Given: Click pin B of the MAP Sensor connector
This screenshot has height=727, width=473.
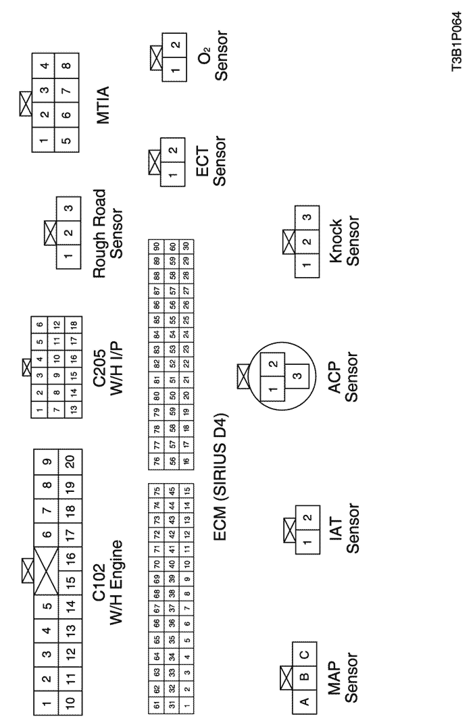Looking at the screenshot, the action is click(x=304, y=678).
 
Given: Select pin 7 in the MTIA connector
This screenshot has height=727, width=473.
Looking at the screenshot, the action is click(x=68, y=90).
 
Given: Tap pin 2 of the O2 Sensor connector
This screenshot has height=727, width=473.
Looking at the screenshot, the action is click(x=175, y=45).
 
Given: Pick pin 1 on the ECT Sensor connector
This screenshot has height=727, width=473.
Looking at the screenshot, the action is click(x=172, y=175).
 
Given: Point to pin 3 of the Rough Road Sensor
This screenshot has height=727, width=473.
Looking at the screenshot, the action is click(x=69, y=208).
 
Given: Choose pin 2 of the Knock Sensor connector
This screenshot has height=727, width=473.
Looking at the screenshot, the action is click(x=307, y=242).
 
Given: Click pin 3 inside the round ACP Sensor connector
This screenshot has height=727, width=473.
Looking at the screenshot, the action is click(x=297, y=375).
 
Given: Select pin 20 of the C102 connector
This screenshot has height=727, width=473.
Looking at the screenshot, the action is click(x=70, y=461).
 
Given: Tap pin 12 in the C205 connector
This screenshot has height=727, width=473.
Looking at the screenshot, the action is click(x=57, y=324).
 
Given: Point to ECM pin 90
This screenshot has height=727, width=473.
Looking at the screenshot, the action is click(x=157, y=246).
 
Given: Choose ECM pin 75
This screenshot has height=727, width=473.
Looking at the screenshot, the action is click(x=157, y=490).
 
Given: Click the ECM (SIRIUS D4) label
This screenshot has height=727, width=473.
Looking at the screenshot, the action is click(x=220, y=478).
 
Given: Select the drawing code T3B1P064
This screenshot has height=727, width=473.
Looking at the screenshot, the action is click(x=457, y=42).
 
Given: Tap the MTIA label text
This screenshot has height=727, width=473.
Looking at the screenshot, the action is click(x=103, y=105).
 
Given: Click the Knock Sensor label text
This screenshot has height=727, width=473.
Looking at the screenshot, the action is click(x=344, y=241).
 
